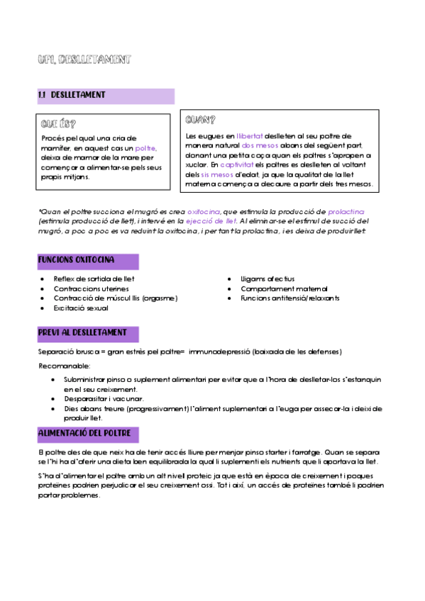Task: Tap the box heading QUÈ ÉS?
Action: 59,123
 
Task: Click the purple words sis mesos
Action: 214,174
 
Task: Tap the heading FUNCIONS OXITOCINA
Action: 77,260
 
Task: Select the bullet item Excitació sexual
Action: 81,309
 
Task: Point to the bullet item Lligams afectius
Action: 267,279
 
